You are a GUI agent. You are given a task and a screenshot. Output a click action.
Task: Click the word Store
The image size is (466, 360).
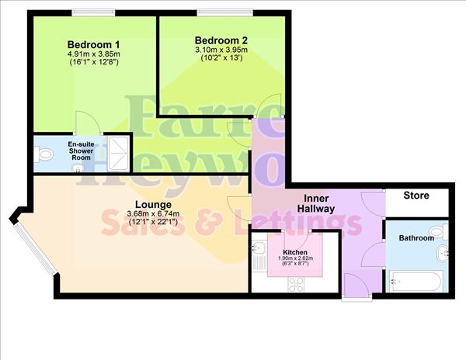pos(416,196)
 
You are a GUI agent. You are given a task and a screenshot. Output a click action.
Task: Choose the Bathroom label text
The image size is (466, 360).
pos(416,238)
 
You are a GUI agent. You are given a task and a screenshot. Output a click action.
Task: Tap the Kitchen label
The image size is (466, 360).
pos(295,253)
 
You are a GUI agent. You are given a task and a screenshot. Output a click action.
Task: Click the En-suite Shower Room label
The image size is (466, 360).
pos(80,151)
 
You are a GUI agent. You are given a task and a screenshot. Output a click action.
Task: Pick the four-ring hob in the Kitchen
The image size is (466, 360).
pos(296,284)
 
